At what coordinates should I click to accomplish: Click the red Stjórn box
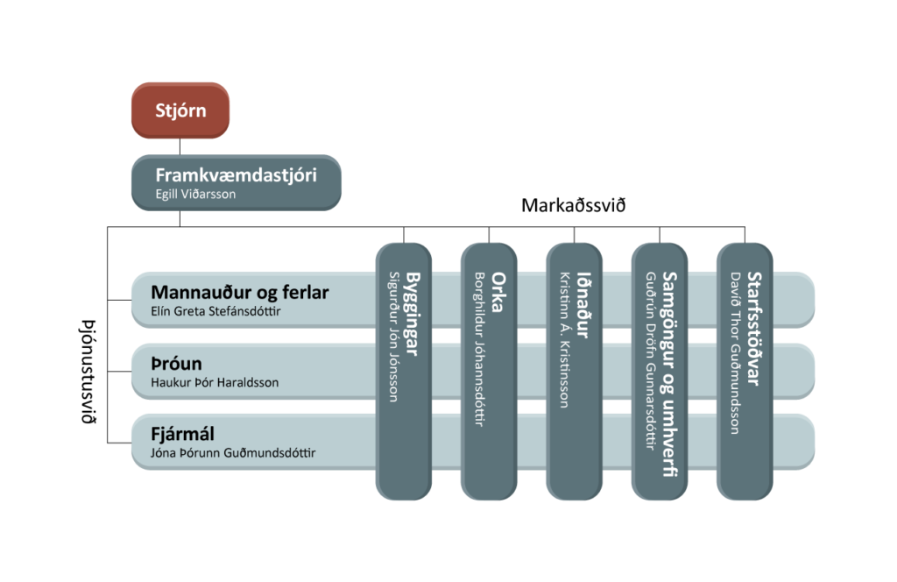(180, 110)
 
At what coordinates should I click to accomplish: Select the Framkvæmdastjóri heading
(236, 174)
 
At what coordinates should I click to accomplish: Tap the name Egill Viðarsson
(195, 194)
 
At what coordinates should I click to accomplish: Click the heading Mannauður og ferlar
(240, 292)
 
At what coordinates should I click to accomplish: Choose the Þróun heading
(177, 363)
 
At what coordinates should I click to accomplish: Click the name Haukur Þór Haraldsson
(215, 382)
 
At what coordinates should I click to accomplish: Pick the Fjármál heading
(183, 434)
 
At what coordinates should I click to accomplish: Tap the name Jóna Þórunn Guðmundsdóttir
(234, 453)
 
